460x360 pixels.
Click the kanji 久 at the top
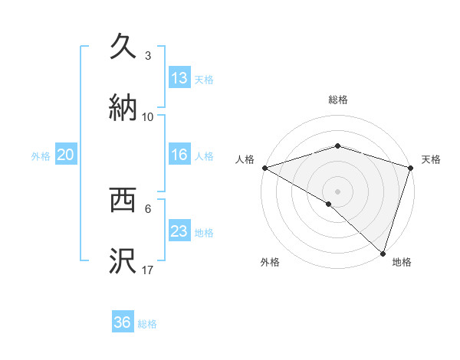(x=123, y=46)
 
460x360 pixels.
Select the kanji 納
(x=123, y=107)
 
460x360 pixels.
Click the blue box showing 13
(x=179, y=77)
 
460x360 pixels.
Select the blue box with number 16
(x=179, y=155)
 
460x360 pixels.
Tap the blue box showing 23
(x=179, y=231)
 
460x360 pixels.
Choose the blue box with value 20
(x=66, y=155)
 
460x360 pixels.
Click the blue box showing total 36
(x=123, y=322)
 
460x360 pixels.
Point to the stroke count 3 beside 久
(x=148, y=56)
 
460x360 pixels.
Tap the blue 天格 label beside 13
(x=204, y=79)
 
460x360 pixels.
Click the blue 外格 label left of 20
(x=41, y=156)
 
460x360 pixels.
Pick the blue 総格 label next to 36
(x=147, y=324)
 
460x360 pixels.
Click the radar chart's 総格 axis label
(x=337, y=100)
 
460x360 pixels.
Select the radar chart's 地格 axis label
(x=402, y=262)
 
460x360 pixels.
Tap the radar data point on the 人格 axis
(x=264, y=168)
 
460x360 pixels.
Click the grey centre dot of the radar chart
(x=337, y=191)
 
